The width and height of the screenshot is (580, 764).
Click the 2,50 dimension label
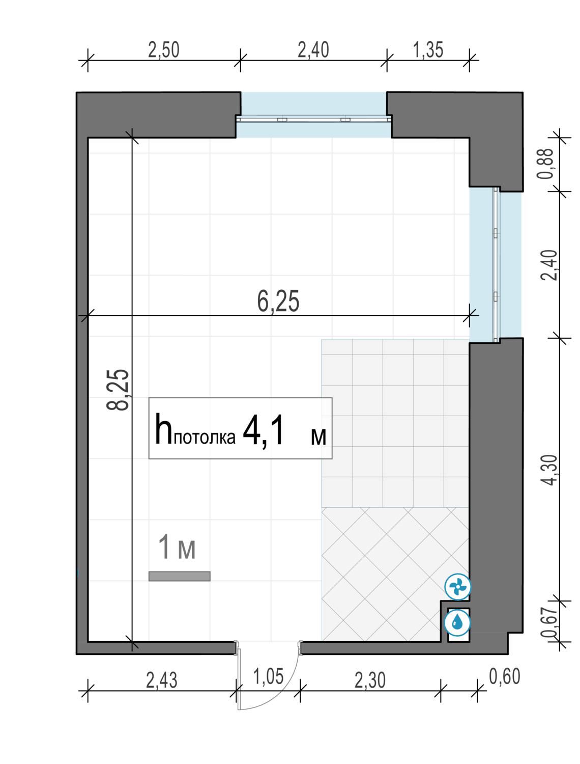163,50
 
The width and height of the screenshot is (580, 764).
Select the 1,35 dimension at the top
428,50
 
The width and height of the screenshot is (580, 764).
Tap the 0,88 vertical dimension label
544,163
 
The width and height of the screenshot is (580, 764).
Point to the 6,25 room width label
278,301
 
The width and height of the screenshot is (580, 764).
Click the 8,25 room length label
118,390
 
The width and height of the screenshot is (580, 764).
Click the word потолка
205,438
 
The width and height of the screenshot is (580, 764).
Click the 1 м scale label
177,548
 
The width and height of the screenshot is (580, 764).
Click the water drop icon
458,623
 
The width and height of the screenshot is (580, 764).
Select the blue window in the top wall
313,115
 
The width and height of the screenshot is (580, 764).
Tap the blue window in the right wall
495,265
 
